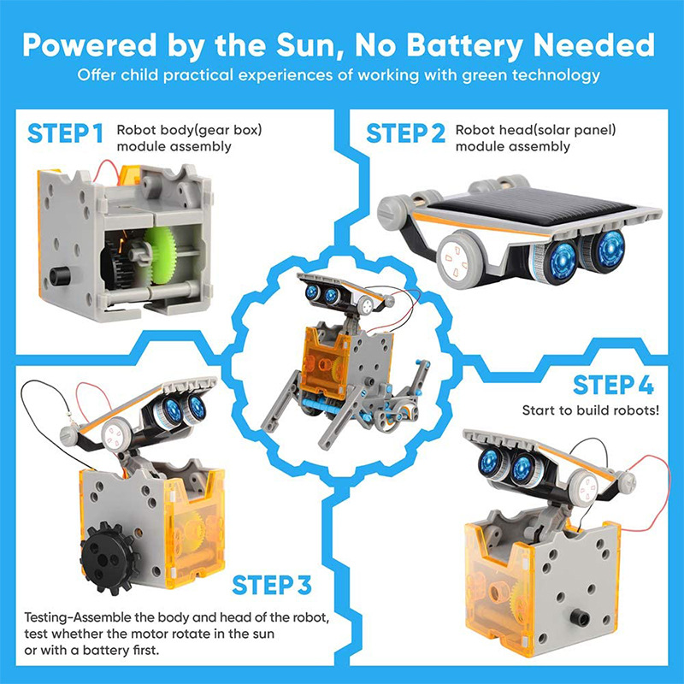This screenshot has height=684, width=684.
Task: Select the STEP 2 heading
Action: pos(405,134)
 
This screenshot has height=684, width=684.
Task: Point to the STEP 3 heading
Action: pos(271,586)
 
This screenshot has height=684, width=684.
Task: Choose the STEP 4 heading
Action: pos(613,386)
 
